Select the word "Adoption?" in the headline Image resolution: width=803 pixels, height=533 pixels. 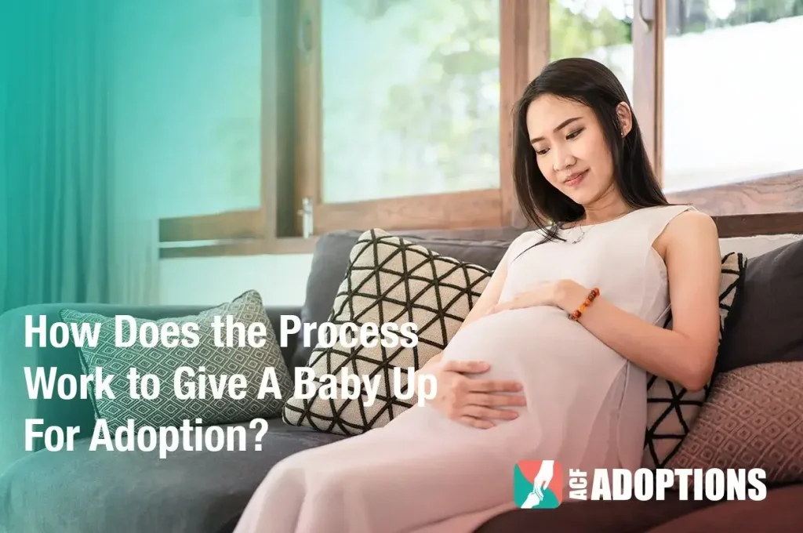coord(176,436)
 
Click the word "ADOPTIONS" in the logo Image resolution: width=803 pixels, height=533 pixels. coord(678,484)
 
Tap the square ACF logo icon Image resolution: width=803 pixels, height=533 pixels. coord(538,484)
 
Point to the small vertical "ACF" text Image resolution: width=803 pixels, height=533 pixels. coord(578,484)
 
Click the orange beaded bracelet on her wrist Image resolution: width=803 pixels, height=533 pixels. coord(584,303)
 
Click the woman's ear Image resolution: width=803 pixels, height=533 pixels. coord(624,118)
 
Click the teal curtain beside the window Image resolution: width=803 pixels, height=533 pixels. coord(47,157)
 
